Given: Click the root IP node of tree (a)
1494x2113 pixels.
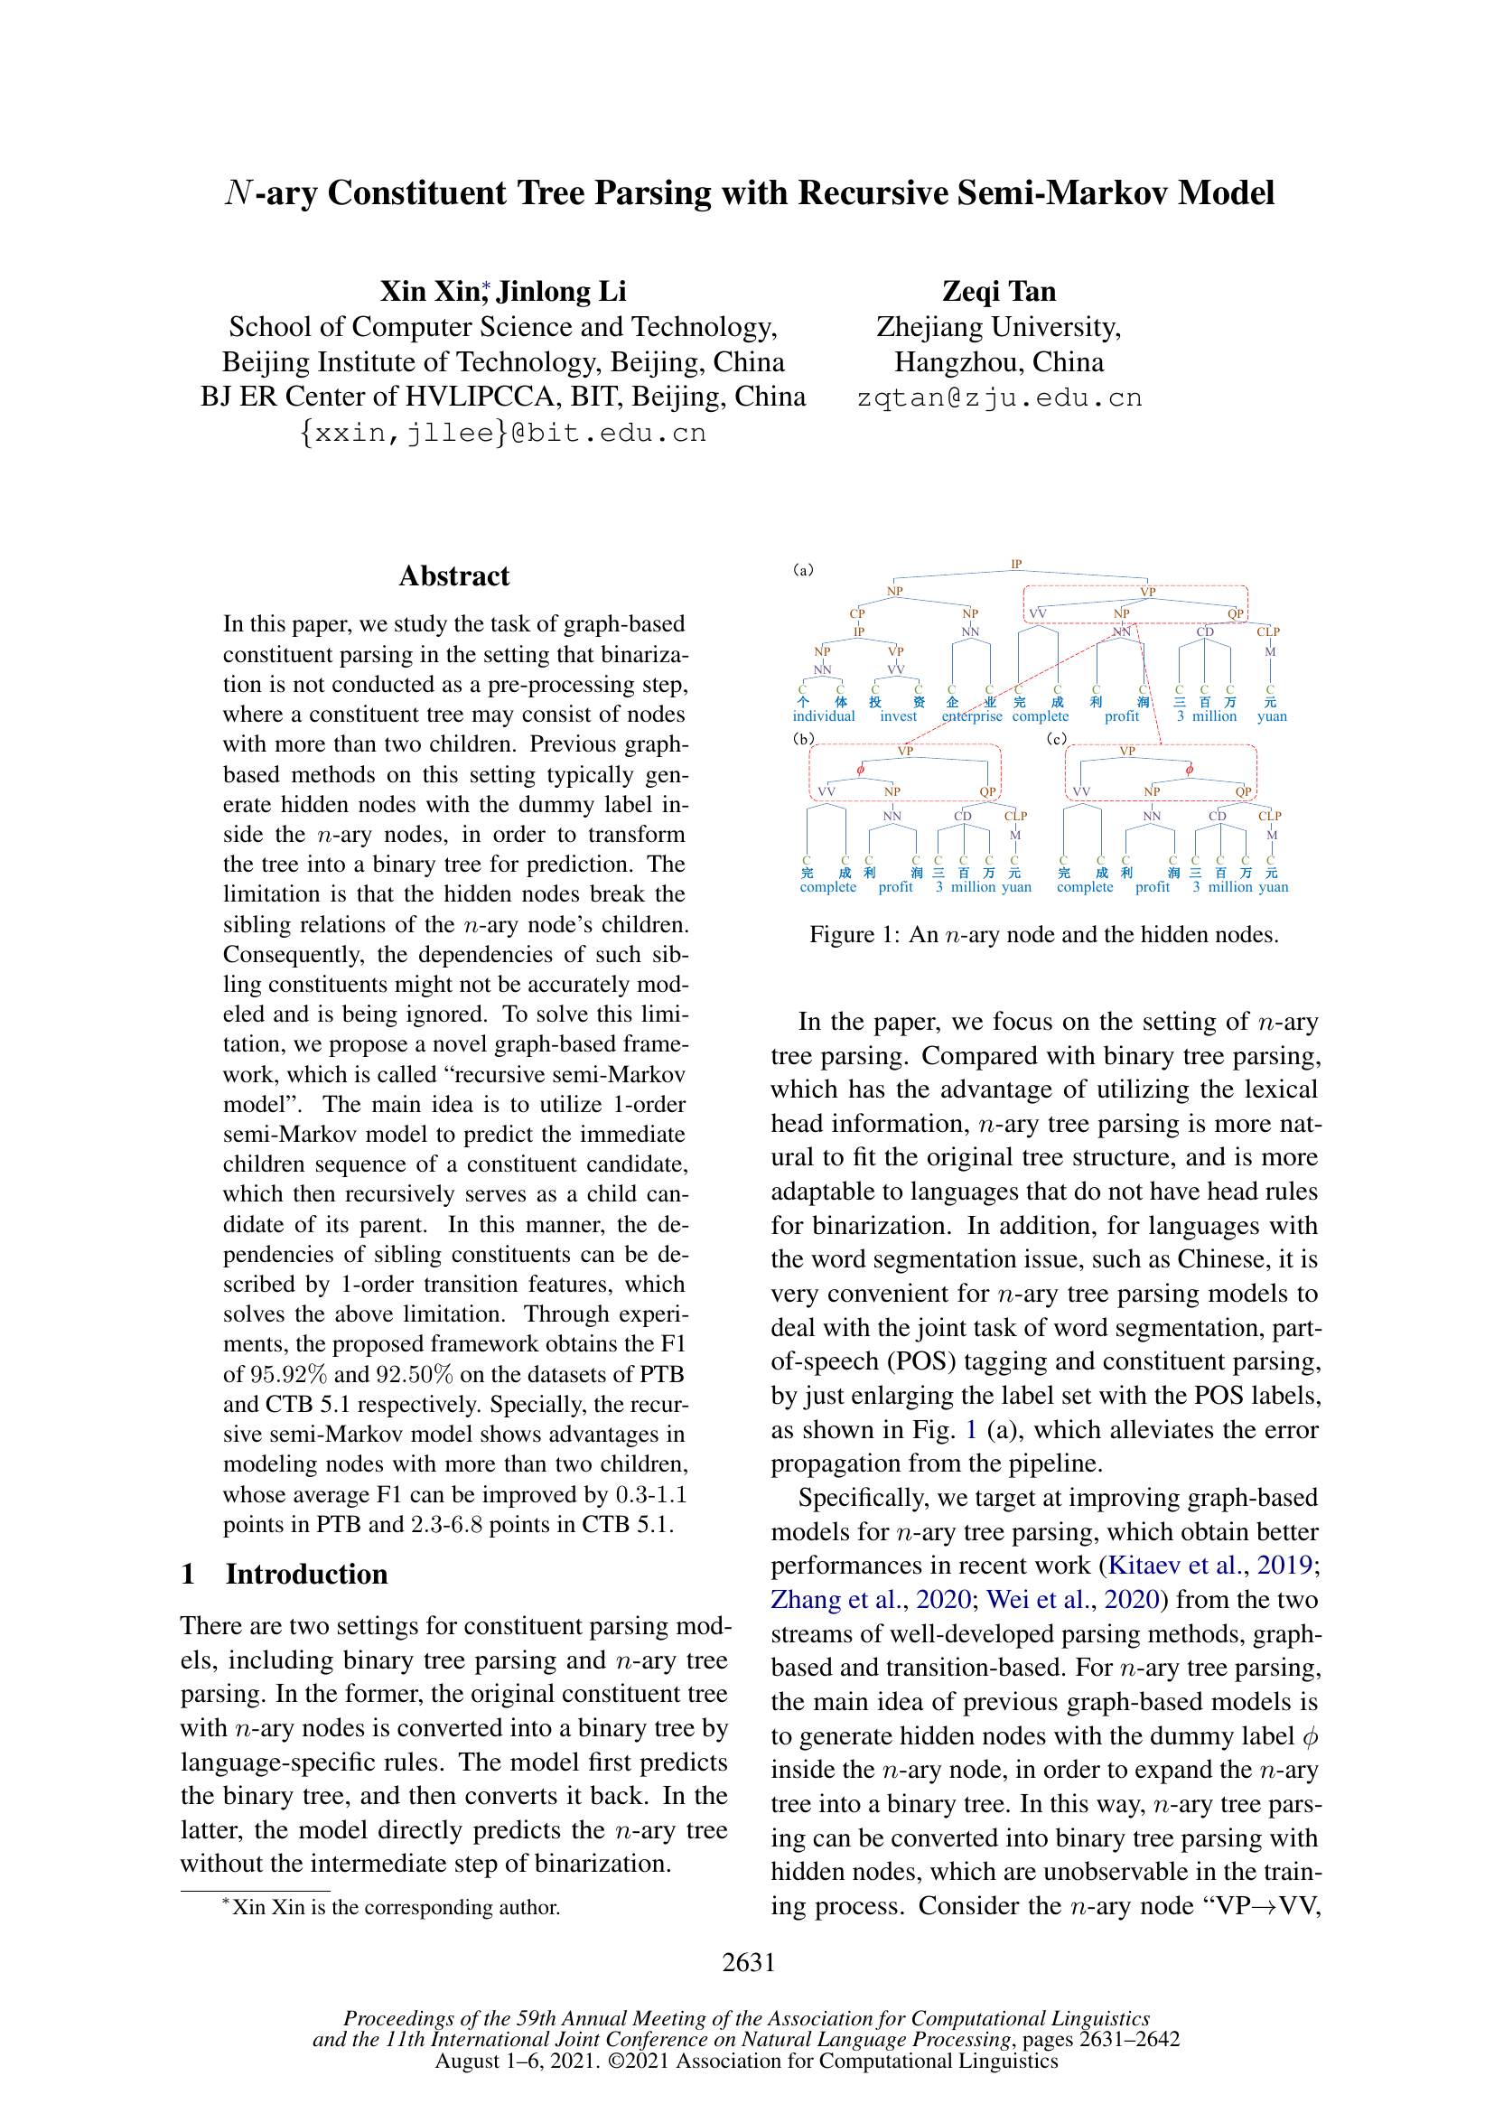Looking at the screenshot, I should [x=1015, y=564].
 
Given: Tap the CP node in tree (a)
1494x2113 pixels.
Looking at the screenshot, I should [x=856, y=612].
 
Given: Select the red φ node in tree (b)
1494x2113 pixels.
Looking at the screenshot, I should [x=860, y=770].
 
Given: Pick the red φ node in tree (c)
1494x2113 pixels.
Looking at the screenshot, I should [x=1189, y=770].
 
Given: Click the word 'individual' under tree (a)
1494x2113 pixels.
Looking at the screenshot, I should [x=824, y=716].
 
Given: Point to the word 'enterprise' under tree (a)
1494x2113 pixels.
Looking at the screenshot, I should [x=972, y=716].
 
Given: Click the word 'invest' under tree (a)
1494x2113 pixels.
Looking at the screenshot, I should [x=898, y=716].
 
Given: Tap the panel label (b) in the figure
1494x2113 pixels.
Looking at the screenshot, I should [x=803, y=739].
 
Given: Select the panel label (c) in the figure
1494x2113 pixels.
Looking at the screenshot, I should [x=1056, y=739].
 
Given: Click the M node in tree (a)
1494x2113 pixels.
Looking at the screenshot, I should [x=1269, y=651].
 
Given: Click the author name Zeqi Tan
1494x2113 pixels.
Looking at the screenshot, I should [x=998, y=292].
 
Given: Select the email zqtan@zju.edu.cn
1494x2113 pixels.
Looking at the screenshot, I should [x=998, y=397].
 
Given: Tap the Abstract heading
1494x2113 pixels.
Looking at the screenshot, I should [x=453, y=576].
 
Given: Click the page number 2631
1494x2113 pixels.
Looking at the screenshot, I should [x=748, y=1962].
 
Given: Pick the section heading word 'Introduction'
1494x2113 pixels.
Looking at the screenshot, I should [x=306, y=1575].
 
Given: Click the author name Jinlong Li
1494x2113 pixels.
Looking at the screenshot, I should [x=561, y=292].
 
